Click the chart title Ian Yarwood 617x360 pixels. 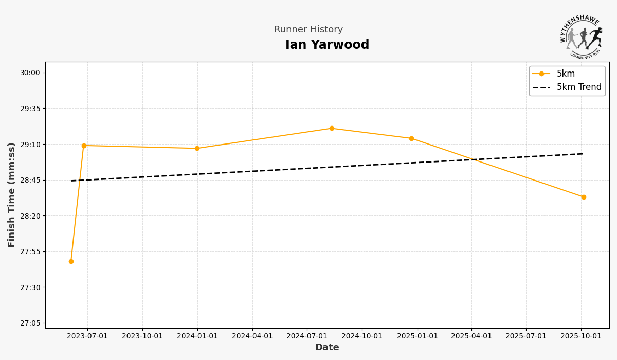click(x=327, y=45)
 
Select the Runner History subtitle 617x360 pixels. click(x=308, y=30)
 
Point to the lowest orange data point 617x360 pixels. click(x=71, y=261)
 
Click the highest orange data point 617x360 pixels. click(x=332, y=129)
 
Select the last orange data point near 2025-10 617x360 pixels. click(x=584, y=197)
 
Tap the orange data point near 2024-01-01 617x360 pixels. click(x=197, y=149)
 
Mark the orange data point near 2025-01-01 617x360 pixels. click(x=411, y=138)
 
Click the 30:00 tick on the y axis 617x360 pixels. click(x=30, y=73)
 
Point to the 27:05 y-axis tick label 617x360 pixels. click(x=30, y=323)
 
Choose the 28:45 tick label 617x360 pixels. click(x=30, y=180)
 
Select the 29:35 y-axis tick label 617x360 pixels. click(x=30, y=109)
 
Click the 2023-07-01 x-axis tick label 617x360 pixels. click(x=87, y=336)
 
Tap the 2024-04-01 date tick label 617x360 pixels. click(x=252, y=336)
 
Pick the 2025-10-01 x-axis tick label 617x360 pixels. click(x=581, y=336)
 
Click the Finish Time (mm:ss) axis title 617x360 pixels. click(x=12, y=195)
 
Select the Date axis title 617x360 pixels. click(x=327, y=348)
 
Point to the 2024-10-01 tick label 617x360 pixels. click(x=362, y=336)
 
